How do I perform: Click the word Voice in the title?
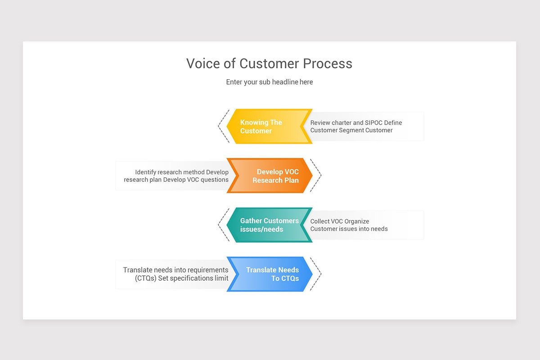[203, 63]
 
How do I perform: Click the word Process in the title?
[328, 63]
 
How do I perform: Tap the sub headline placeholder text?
[269, 82]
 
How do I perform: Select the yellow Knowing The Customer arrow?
[269, 126]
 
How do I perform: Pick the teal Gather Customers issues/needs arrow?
[269, 225]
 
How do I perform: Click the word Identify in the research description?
[146, 172]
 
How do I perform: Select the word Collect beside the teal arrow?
[320, 221]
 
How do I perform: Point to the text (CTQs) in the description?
[145, 278]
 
